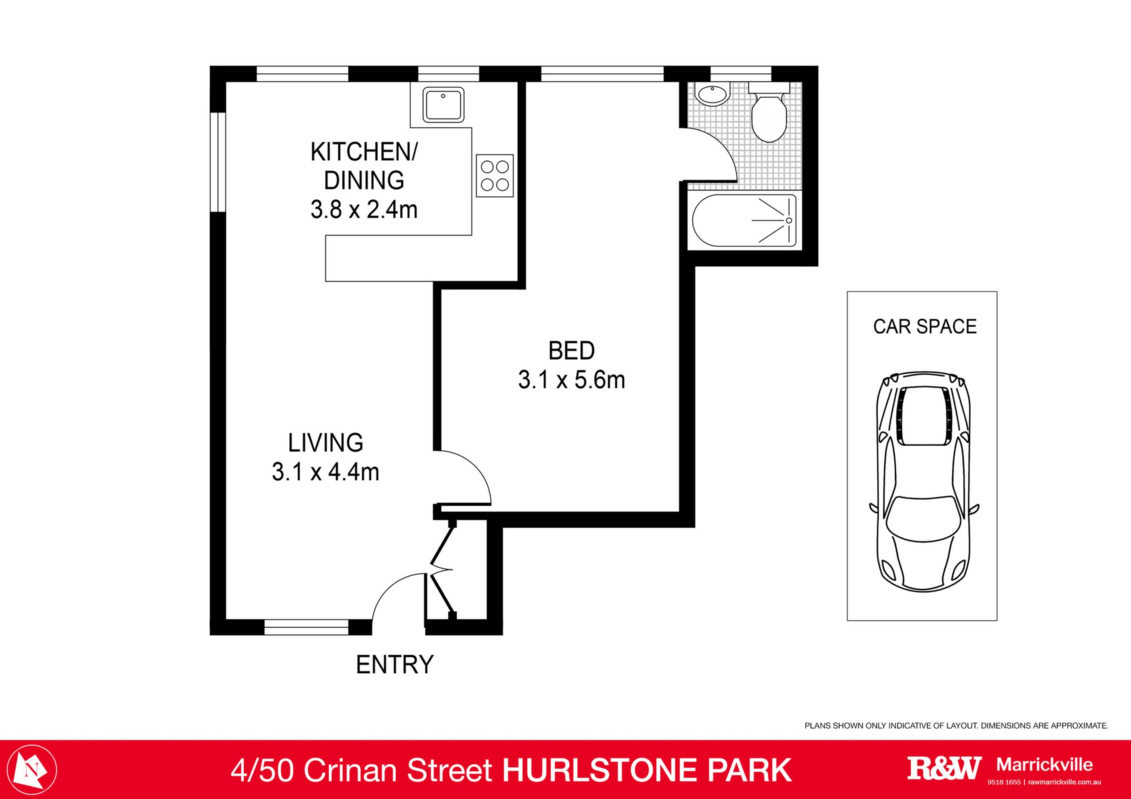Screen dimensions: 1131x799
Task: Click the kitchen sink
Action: (x=443, y=105)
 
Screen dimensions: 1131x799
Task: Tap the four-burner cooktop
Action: (x=495, y=175)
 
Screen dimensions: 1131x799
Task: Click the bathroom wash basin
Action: (x=713, y=94)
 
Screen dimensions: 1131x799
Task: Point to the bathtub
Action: (x=744, y=220)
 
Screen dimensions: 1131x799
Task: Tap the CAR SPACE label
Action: (x=925, y=326)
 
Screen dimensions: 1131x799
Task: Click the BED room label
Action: (x=571, y=351)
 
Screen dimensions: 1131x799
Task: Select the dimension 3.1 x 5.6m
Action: (x=571, y=380)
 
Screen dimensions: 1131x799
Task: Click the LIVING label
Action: (x=325, y=443)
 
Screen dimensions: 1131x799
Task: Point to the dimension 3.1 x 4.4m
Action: (x=325, y=472)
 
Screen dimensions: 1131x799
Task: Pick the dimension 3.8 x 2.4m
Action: (x=364, y=210)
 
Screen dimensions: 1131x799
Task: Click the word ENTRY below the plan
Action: (x=395, y=665)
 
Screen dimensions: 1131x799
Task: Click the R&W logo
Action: (x=944, y=768)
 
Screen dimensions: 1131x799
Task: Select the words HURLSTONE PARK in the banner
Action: (x=647, y=771)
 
